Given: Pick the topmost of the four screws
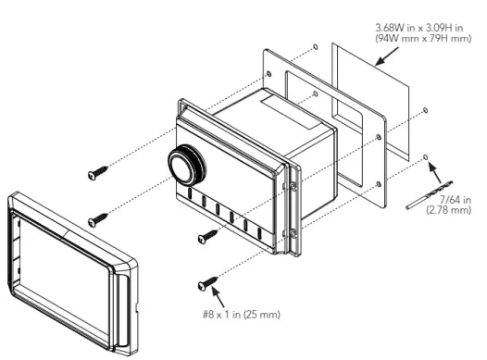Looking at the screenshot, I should pyautogui.click(x=97, y=173).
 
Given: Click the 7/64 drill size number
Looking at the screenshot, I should pyautogui.click(x=448, y=200).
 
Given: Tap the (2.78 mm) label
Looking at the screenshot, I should pyautogui.click(x=449, y=211).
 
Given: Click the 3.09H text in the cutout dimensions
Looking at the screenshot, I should pyautogui.click(x=429, y=28).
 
